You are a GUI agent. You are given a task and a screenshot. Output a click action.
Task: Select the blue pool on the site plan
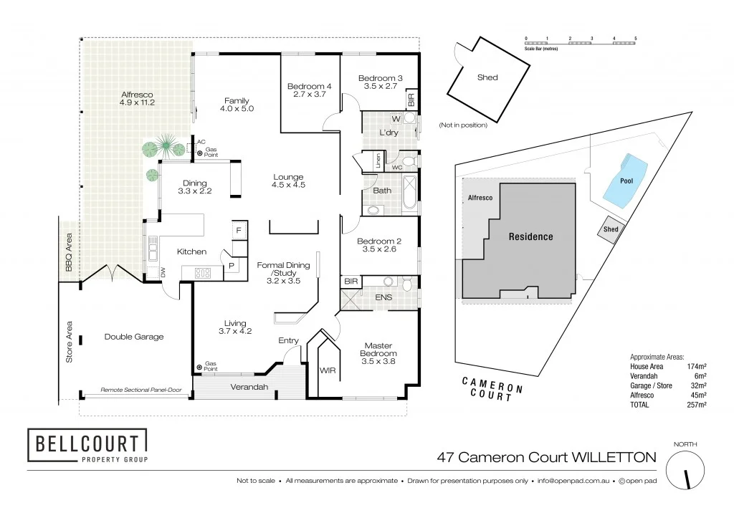point(625,179)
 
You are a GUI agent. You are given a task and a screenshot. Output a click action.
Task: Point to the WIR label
point(328,370)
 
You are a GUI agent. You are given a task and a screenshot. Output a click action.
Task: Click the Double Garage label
point(133,337)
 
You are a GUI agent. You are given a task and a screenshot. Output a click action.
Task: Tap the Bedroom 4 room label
point(309,90)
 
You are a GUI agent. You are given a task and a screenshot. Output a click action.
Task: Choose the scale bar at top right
point(581,42)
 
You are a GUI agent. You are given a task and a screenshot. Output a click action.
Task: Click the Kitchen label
point(191,251)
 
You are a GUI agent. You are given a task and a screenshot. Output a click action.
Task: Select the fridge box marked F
point(238,230)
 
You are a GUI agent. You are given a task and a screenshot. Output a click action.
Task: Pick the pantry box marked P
point(231,265)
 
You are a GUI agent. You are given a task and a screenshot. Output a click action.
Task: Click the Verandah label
point(249,387)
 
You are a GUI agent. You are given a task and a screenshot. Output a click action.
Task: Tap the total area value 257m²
point(697,405)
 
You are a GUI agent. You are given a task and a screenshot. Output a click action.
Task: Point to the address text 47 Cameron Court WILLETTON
point(547,457)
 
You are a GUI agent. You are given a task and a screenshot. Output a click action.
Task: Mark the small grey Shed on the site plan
point(611,230)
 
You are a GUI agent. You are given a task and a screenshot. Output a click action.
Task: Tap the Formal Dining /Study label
point(283,273)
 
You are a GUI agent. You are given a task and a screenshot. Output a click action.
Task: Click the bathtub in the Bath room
point(409,194)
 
